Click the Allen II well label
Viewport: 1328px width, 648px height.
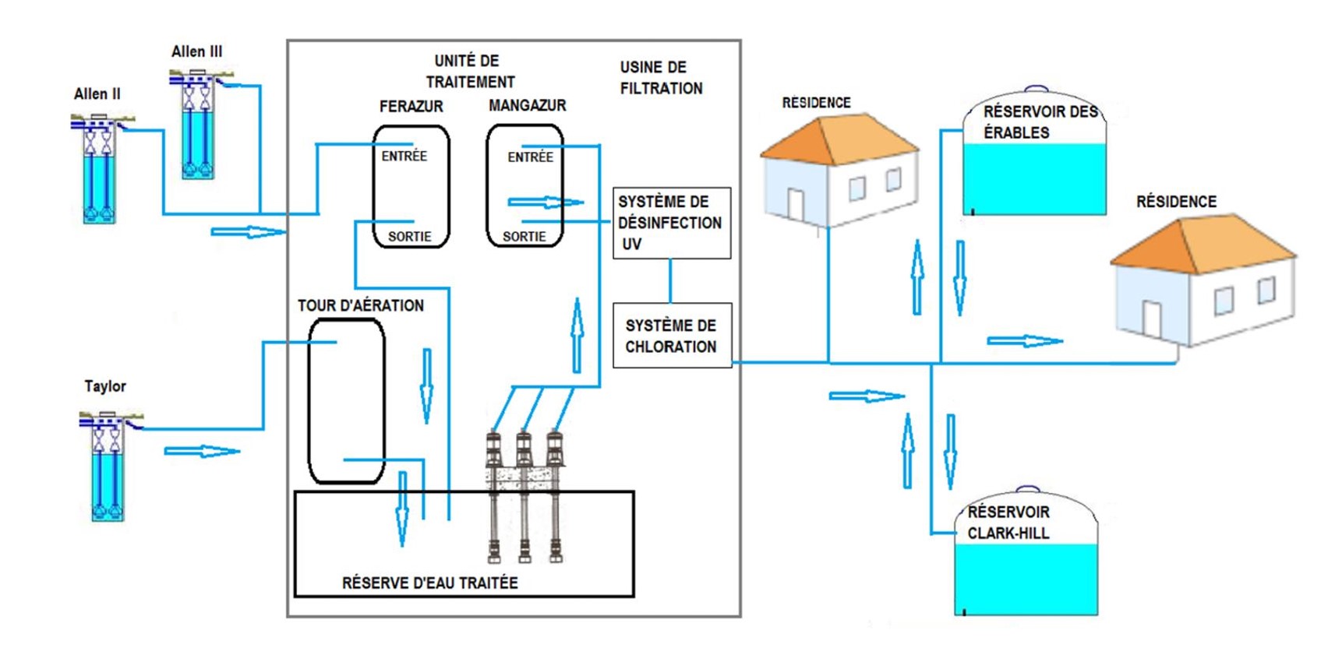click(97, 94)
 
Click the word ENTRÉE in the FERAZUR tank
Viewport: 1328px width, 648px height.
click(404, 156)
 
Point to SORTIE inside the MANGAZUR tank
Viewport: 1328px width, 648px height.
click(524, 237)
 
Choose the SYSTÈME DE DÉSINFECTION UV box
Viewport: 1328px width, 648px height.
click(671, 223)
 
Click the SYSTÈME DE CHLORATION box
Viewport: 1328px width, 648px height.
click(671, 336)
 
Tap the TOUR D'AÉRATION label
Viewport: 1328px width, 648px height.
click(360, 305)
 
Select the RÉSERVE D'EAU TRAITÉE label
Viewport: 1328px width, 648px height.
click(429, 583)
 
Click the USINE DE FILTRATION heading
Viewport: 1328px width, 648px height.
click(661, 78)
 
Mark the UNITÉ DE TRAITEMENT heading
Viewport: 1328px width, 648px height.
click(469, 71)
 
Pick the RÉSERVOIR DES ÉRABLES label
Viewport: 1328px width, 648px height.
click(1040, 122)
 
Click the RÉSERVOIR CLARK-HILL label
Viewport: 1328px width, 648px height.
click(1008, 523)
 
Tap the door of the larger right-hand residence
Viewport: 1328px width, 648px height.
click(1152, 319)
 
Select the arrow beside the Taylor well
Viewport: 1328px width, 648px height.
click(202, 451)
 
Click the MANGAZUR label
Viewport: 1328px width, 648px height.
click(527, 105)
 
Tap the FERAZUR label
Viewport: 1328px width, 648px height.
click(411, 106)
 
